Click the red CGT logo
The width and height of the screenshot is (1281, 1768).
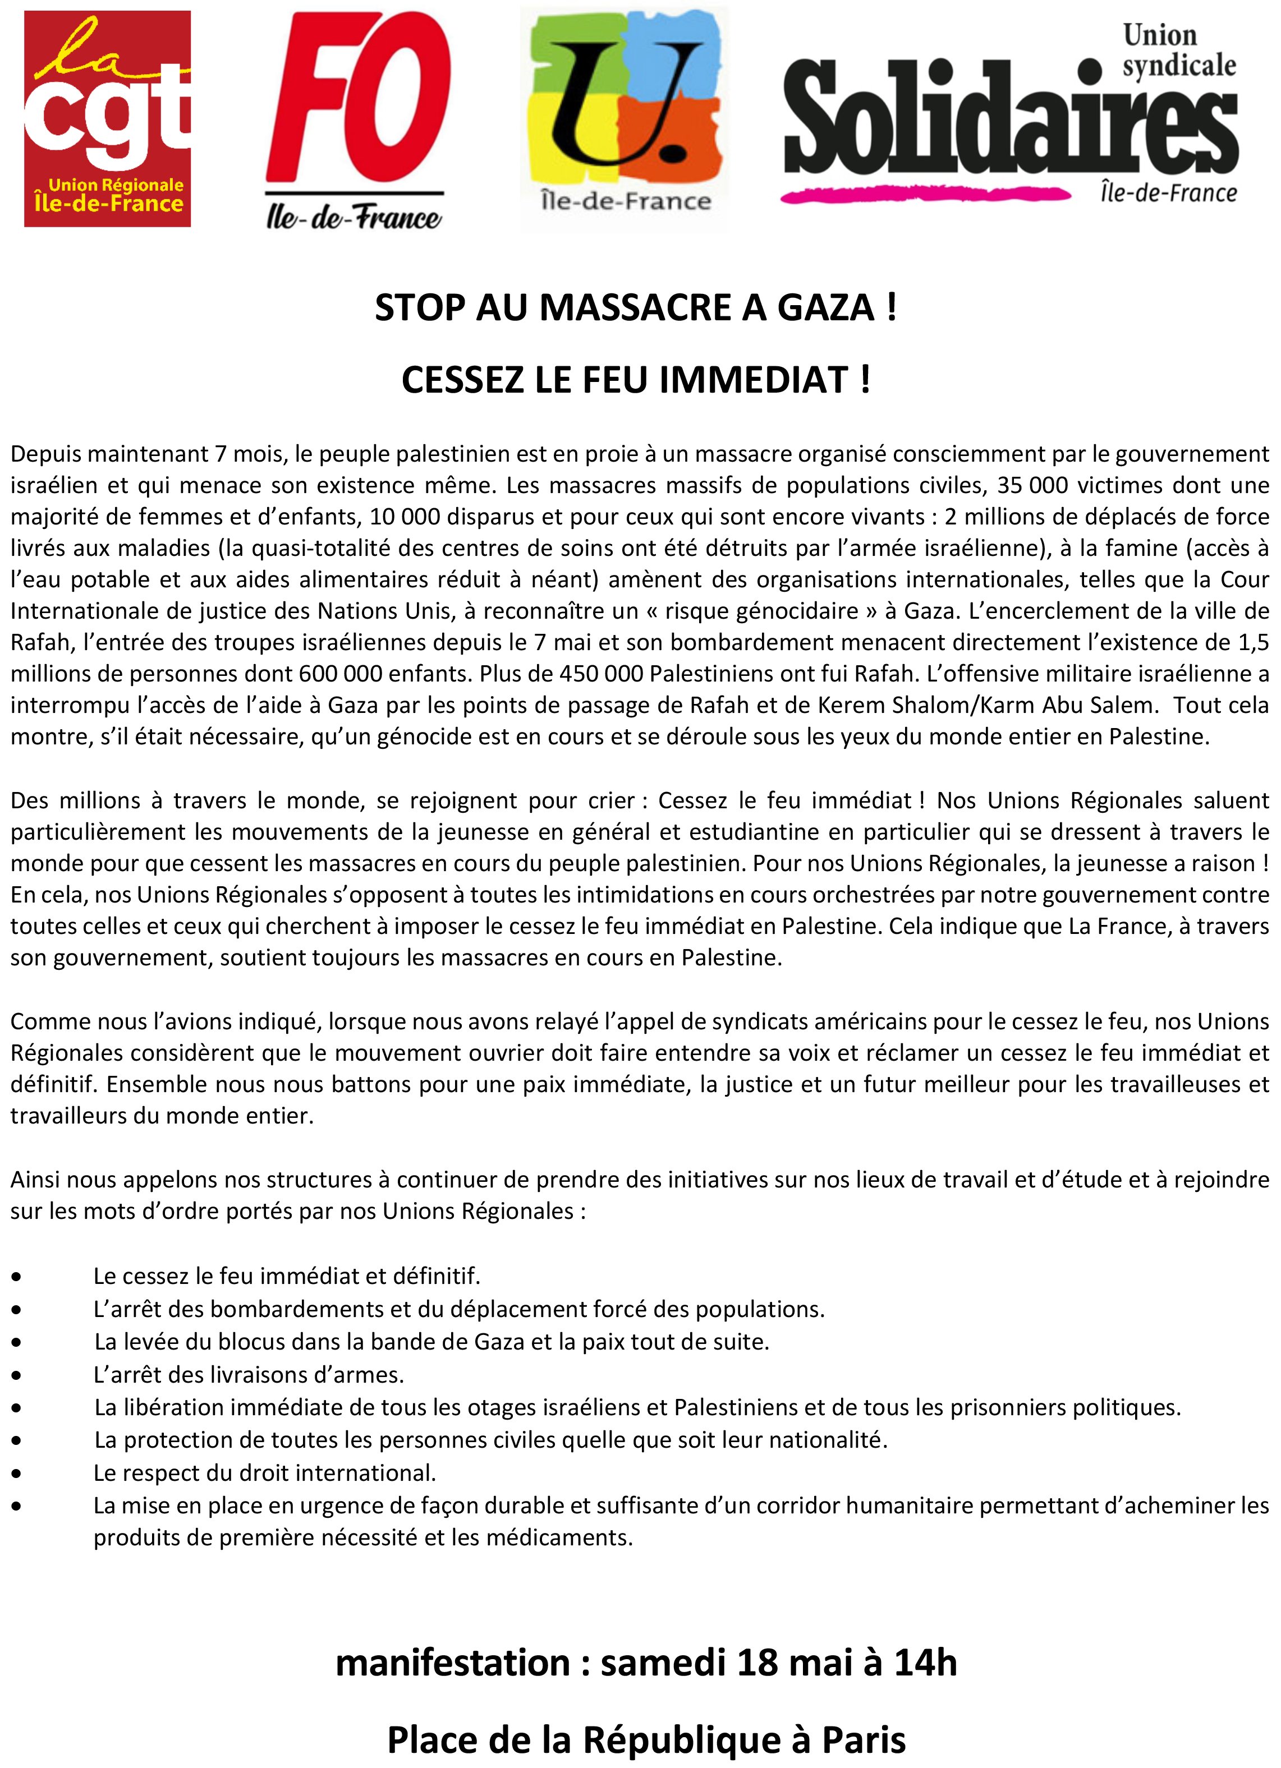click(108, 118)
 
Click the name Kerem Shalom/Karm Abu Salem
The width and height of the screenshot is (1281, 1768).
click(985, 705)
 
